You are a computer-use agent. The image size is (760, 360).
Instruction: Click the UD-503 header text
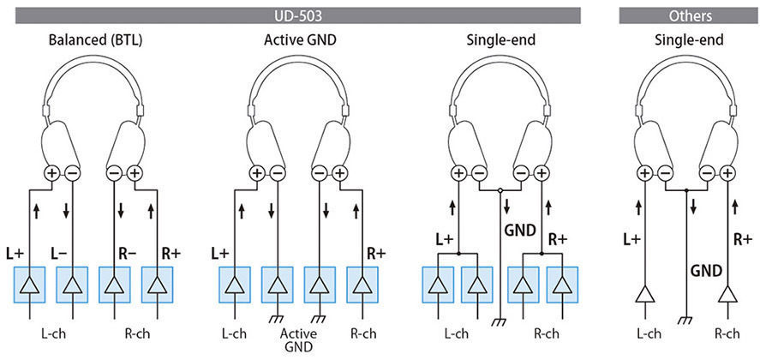click(x=298, y=16)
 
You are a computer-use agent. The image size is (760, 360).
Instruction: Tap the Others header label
click(x=691, y=16)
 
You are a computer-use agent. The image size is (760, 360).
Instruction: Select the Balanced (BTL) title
click(x=95, y=40)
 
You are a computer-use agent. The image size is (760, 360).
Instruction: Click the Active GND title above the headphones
click(x=300, y=40)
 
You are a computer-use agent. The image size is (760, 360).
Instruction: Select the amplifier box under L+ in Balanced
click(x=30, y=285)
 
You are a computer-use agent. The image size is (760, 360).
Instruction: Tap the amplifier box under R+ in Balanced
click(x=157, y=285)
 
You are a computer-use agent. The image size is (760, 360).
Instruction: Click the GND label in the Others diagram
click(x=707, y=270)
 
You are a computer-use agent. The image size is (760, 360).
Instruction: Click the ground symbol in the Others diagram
click(x=685, y=319)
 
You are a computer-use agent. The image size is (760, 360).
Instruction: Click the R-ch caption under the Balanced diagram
click(x=135, y=334)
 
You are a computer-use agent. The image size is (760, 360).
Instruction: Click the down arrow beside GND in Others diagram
click(x=694, y=207)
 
